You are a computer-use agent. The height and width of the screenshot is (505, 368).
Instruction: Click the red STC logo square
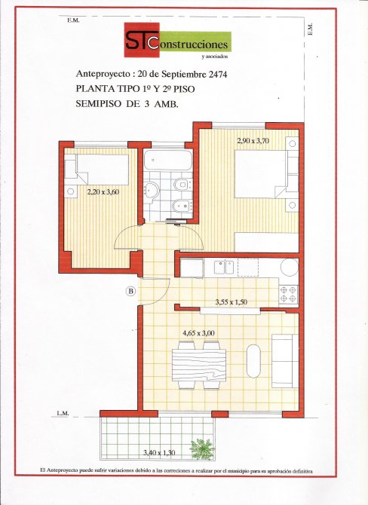142,40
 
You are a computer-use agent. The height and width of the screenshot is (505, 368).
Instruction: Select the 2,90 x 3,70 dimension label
253,140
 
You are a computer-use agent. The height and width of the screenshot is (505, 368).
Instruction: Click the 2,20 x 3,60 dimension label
103,192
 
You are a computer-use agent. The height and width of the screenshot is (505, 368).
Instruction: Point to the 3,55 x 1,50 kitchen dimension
231,302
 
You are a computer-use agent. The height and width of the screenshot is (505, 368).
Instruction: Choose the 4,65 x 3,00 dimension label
198,333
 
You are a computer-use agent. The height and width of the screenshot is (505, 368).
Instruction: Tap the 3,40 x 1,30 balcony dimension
159,452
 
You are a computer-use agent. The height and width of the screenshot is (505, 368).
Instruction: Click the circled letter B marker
130,292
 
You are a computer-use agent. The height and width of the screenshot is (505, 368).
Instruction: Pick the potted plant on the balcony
202,448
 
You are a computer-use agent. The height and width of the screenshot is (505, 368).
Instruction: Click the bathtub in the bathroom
168,161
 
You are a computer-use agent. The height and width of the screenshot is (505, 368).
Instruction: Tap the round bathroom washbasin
151,189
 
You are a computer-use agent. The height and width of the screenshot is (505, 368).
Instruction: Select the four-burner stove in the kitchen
288,294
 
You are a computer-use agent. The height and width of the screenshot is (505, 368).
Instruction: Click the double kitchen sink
224,268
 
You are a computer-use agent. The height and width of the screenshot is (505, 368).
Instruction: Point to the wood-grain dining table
199,365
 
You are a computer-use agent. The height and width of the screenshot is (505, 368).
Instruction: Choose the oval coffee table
253,361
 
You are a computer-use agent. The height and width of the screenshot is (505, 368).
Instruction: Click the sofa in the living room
285,361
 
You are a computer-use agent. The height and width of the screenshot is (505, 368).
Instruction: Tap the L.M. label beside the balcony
63,413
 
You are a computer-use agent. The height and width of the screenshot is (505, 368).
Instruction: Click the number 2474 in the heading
218,75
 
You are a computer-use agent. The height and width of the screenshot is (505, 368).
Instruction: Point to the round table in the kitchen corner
290,267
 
